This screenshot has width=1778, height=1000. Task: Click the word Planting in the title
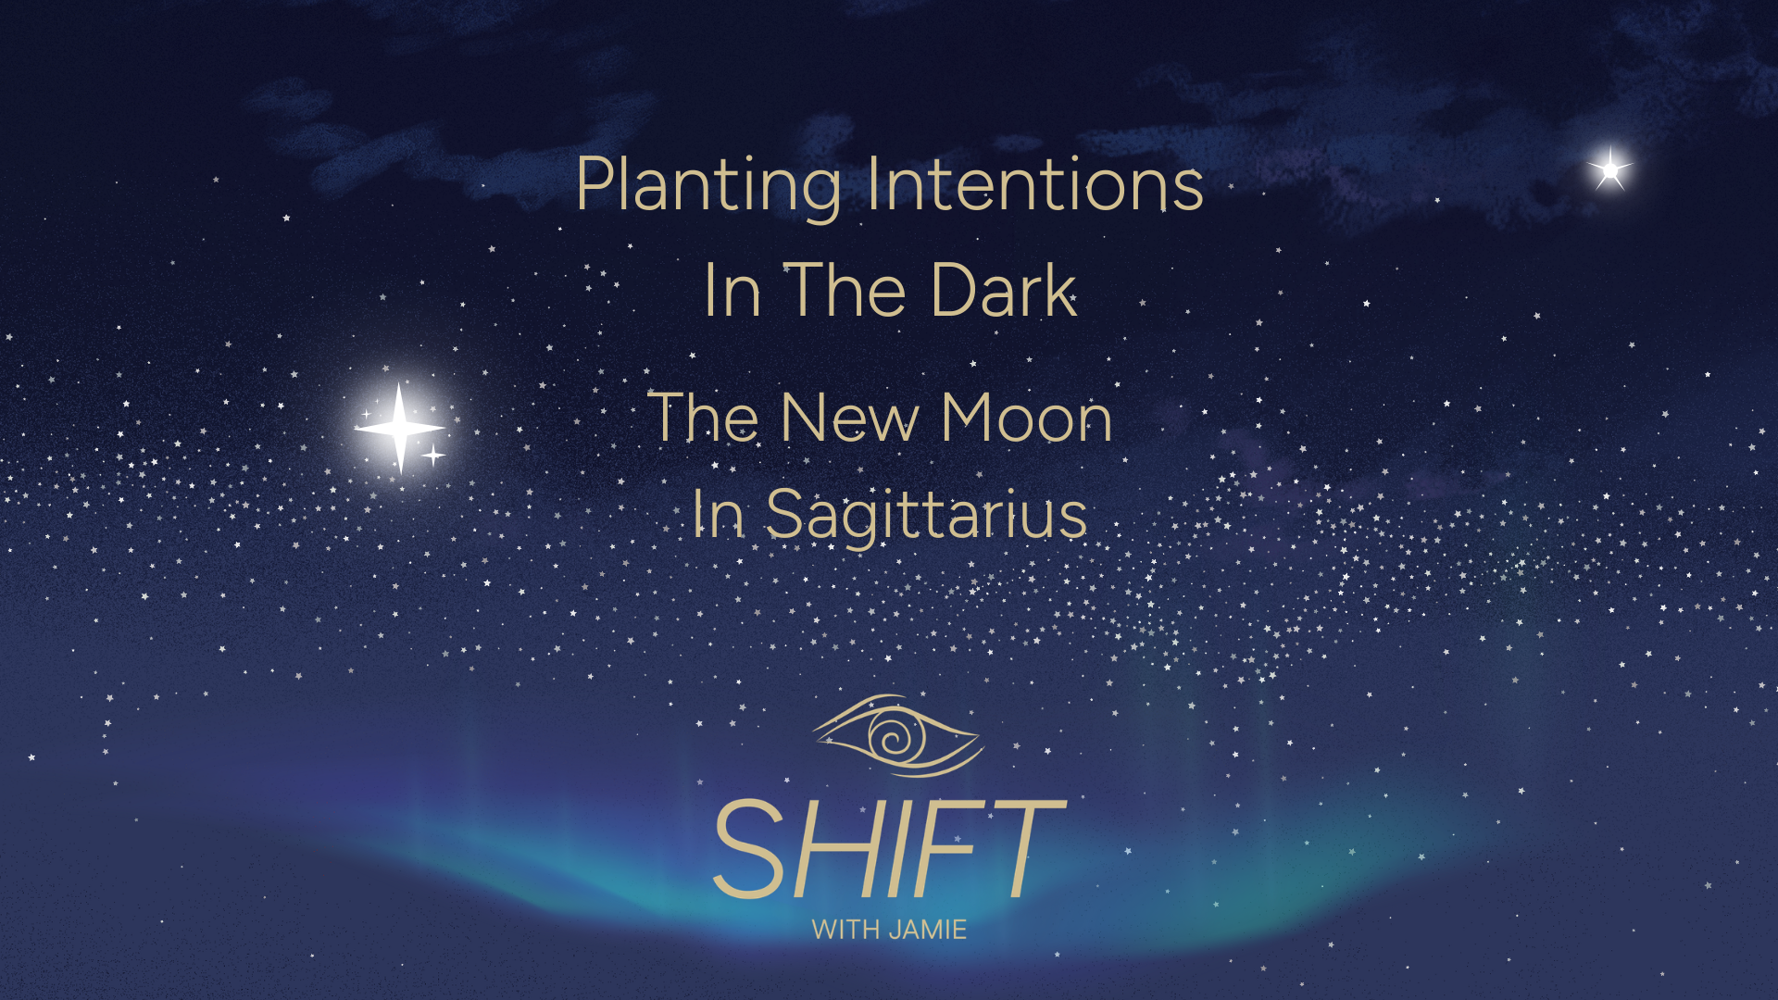pos(707,185)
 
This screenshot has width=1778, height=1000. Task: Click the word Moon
pos(1026,418)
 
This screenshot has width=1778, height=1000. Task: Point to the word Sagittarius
pos(926,515)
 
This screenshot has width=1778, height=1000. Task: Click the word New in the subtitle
pos(850,418)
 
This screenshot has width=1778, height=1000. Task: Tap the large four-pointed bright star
pos(399,428)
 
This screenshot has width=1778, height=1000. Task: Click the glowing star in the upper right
pos(1610,169)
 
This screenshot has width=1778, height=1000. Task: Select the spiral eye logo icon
pos(896,736)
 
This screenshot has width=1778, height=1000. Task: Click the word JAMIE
pos(927,930)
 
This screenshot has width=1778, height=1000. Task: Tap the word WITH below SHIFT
pos(845,930)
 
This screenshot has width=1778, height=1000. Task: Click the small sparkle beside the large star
pos(432,455)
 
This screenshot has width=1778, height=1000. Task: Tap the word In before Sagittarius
pos(719,515)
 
